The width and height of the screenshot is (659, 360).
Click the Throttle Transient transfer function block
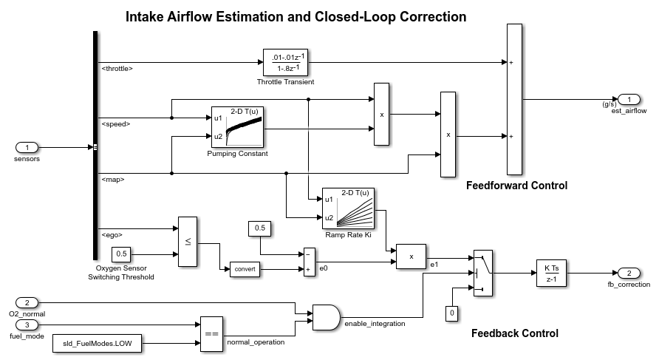coord(284,63)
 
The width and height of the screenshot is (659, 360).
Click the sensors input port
coord(27,147)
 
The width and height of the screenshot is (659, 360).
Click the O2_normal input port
coord(27,303)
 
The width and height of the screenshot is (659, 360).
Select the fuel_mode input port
coord(27,324)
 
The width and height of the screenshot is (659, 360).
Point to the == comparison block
coord(211,334)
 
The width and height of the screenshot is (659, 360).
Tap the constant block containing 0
coord(451,314)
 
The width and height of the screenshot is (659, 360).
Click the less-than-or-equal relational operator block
coord(188,242)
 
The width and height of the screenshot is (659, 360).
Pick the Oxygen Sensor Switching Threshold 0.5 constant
coord(123,254)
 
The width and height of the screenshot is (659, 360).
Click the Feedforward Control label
coord(516,186)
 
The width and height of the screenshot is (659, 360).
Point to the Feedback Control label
coord(514,333)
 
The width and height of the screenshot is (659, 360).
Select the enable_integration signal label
coord(374,325)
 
